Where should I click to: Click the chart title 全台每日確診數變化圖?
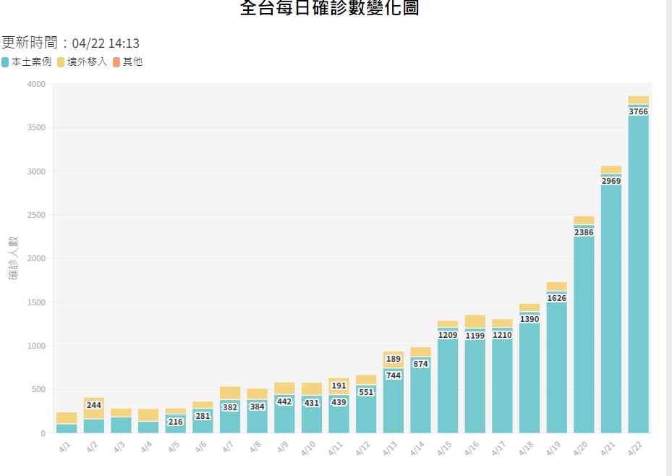(x=328, y=9)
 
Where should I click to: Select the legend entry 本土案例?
(x=27, y=62)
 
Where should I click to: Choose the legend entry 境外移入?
(x=82, y=62)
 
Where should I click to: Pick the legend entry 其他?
(x=127, y=62)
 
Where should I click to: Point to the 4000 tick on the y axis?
(x=36, y=85)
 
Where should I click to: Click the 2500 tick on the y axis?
(x=36, y=216)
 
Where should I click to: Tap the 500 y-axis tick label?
(x=38, y=390)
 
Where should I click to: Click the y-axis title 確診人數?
(x=14, y=258)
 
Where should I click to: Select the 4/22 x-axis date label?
(x=636, y=449)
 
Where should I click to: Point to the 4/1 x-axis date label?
(x=65, y=449)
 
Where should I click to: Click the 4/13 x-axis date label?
(x=391, y=449)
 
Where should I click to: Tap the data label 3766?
(x=638, y=111)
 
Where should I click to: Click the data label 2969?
(x=611, y=181)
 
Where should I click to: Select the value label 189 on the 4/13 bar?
(x=394, y=359)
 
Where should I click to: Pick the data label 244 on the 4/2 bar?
(x=94, y=405)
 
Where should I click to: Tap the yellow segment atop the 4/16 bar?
(x=475, y=321)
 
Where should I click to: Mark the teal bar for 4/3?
(x=122, y=425)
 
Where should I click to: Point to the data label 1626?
(x=556, y=298)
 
